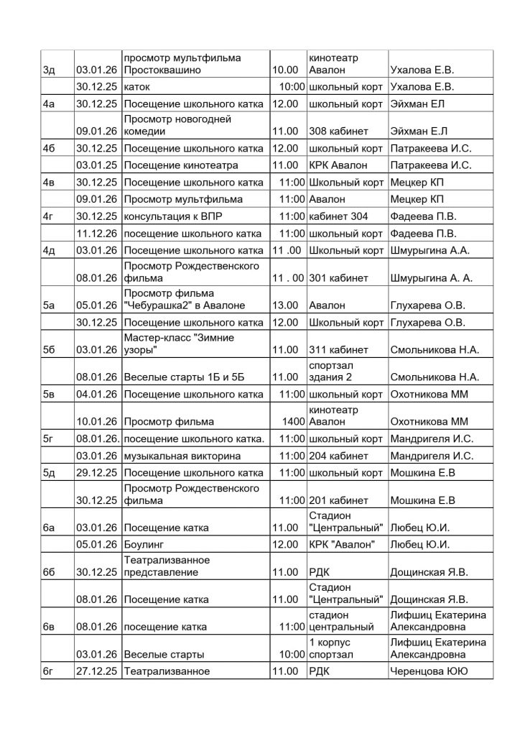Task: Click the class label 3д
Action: coord(50,70)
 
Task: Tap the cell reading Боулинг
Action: coord(146,544)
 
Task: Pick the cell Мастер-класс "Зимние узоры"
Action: coord(180,344)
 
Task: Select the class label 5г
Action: coord(50,438)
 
